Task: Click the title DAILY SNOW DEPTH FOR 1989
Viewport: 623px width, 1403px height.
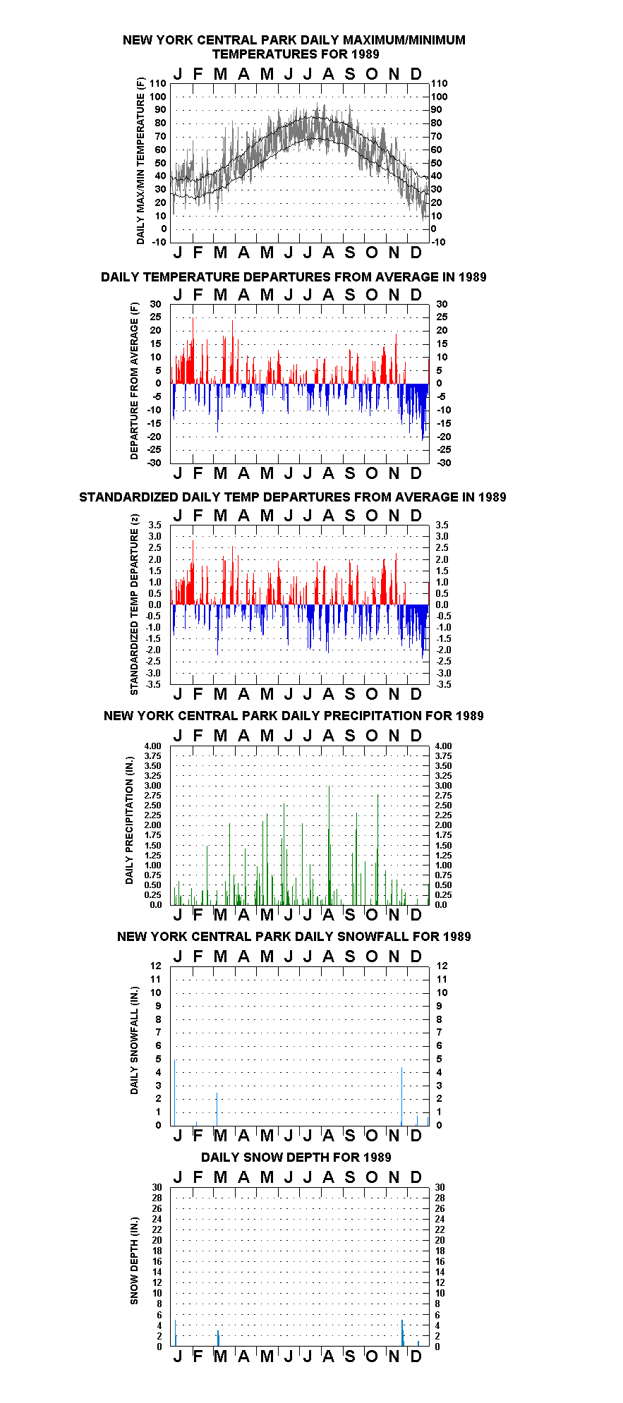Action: tap(296, 1157)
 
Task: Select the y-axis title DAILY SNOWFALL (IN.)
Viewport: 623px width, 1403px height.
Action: tap(134, 1040)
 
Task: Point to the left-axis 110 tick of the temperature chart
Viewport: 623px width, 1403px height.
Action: tap(159, 83)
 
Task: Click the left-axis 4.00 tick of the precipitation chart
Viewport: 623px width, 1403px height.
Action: tap(153, 746)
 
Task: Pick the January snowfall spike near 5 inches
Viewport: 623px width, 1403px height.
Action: tap(175, 1092)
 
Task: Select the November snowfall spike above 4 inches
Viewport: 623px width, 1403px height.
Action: tap(401, 1096)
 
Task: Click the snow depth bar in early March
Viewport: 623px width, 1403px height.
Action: tap(219, 1338)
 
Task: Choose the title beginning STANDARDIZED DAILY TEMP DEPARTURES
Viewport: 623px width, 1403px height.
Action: tap(292, 497)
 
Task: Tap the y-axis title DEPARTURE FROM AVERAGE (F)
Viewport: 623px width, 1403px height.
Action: tap(134, 381)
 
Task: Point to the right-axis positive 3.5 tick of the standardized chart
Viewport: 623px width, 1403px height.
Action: tap(442, 525)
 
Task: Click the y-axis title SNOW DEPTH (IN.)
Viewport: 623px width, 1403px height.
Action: tap(134, 1261)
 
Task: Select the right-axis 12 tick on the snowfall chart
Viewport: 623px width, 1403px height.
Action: tap(442, 966)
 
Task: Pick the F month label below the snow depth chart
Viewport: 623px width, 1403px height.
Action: tap(198, 1356)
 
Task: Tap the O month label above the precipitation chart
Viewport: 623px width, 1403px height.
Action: tap(372, 736)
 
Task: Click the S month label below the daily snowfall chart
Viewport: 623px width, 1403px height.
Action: tap(350, 1135)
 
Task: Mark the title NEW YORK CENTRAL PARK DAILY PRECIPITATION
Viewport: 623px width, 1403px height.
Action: tap(294, 716)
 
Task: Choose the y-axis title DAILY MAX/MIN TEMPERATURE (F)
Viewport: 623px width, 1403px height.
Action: tap(140, 161)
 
